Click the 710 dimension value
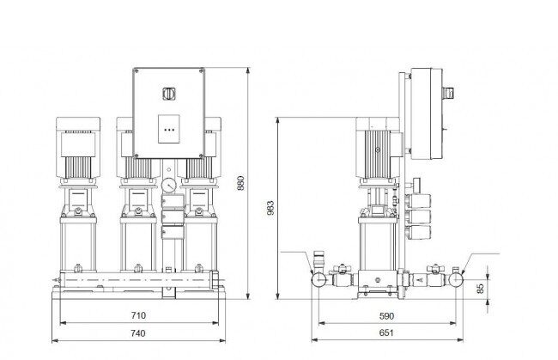(x=138, y=315)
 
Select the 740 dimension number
(x=137, y=333)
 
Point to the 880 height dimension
(x=241, y=183)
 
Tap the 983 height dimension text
(x=270, y=208)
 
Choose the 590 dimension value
(x=386, y=316)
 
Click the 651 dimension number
(x=386, y=333)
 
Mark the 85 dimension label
(x=481, y=289)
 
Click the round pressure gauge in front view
(x=168, y=186)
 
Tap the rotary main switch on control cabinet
(x=168, y=94)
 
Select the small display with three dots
(x=168, y=129)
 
